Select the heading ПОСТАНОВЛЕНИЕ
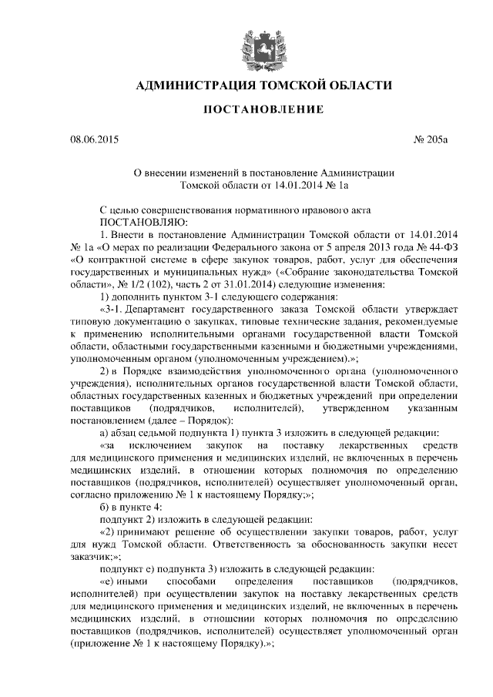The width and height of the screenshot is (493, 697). (263, 111)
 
